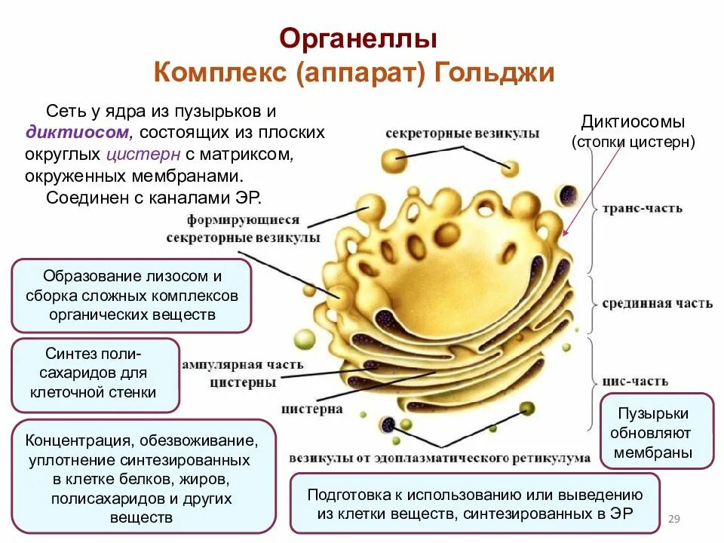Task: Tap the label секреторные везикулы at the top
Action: pyautogui.click(x=462, y=133)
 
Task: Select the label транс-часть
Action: pyautogui.click(x=642, y=208)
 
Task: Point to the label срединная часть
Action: pyautogui.click(x=657, y=304)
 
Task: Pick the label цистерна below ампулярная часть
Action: pyautogui.click(x=311, y=410)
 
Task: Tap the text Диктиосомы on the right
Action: pyautogui.click(x=633, y=122)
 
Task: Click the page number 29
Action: pyautogui.click(x=675, y=518)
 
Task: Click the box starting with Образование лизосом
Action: pyautogui.click(x=131, y=296)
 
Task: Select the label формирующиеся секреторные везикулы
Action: pyautogui.click(x=243, y=229)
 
